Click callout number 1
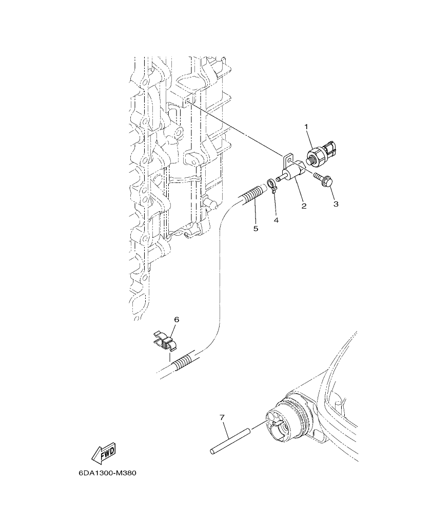(307, 126)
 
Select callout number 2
(304, 206)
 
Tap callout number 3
(336, 203)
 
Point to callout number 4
(276, 220)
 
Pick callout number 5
(256, 228)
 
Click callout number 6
(176, 319)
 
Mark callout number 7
(222, 417)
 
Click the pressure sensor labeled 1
(319, 154)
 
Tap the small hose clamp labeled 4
(271, 186)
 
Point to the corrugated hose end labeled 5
(252, 195)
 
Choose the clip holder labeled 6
(166, 340)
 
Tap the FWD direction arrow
(103, 452)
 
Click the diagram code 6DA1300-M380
(108, 473)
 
